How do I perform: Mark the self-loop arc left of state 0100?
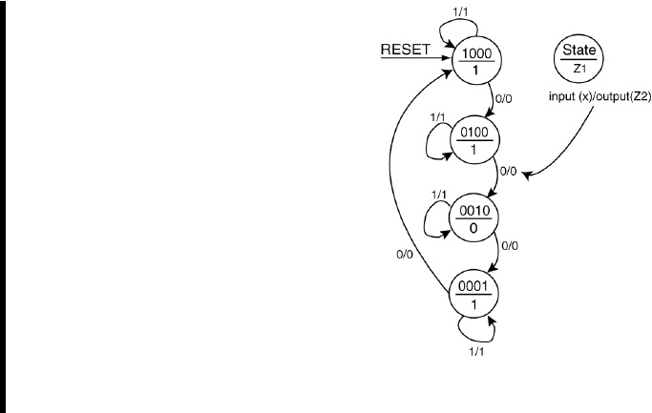pyautogui.click(x=428, y=143)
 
